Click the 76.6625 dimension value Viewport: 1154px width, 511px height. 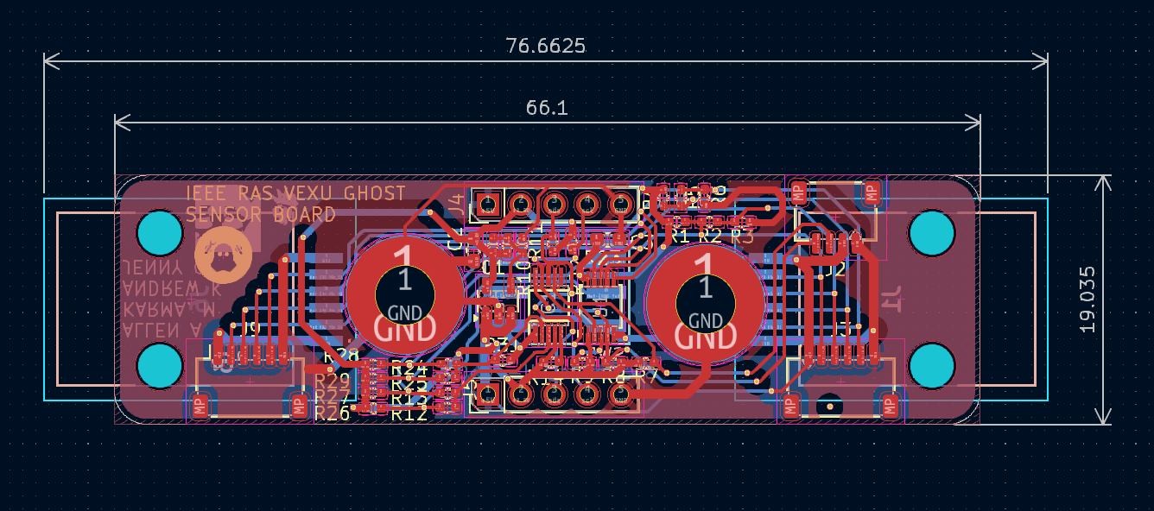coord(545,46)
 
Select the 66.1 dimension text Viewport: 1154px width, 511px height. coord(546,108)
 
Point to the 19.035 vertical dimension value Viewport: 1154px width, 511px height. coord(1087,300)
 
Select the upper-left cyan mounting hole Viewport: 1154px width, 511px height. coord(161,232)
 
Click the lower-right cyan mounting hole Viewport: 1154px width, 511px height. coord(932,365)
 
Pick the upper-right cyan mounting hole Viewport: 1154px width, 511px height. coord(932,232)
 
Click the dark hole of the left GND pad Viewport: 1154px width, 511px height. coord(405,292)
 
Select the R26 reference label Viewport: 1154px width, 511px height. coord(333,413)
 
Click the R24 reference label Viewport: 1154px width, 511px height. coord(409,369)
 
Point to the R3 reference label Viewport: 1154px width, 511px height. coord(741,235)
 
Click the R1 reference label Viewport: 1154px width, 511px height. coord(680,235)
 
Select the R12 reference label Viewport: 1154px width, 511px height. coord(409,413)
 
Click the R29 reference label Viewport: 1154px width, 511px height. coord(333,381)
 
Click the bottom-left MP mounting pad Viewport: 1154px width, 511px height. coord(200,404)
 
